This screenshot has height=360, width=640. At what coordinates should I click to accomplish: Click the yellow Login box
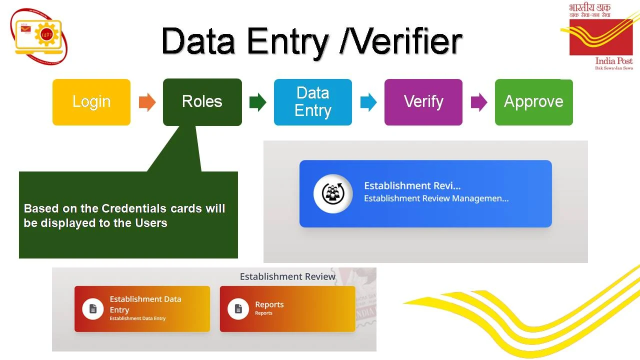(x=91, y=102)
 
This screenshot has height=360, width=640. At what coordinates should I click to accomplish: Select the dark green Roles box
(x=202, y=102)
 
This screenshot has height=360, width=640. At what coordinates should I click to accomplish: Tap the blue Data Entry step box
(x=313, y=102)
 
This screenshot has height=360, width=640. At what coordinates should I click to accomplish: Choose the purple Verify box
(x=423, y=102)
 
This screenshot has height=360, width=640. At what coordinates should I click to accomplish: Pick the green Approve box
(x=533, y=102)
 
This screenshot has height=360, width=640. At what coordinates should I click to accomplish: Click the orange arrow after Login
(x=147, y=102)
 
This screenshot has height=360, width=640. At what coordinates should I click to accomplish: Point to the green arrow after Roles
(x=257, y=102)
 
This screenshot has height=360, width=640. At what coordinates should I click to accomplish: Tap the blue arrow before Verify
(x=368, y=102)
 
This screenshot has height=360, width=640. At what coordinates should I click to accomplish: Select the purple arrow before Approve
(x=479, y=102)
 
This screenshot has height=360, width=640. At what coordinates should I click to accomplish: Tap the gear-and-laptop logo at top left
(x=39, y=35)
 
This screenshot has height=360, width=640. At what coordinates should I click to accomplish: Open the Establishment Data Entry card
(x=142, y=308)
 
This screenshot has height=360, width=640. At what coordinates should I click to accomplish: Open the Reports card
(x=287, y=308)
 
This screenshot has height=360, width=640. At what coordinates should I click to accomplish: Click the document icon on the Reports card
(x=238, y=309)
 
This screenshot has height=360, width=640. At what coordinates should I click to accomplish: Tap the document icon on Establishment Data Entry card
(x=92, y=309)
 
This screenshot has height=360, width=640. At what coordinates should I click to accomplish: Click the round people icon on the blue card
(x=332, y=193)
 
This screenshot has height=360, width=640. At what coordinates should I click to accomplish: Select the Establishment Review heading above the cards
(x=287, y=276)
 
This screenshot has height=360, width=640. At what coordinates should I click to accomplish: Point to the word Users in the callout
(x=151, y=223)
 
